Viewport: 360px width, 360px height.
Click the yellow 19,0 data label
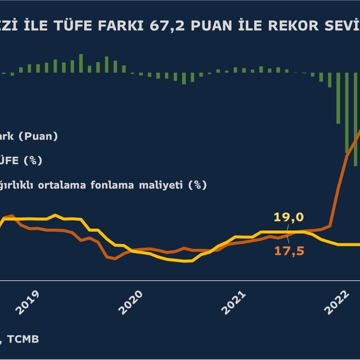pos(289,218)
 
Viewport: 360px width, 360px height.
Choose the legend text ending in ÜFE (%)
pos(22,160)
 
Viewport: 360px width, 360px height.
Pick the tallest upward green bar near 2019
pos(81,63)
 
